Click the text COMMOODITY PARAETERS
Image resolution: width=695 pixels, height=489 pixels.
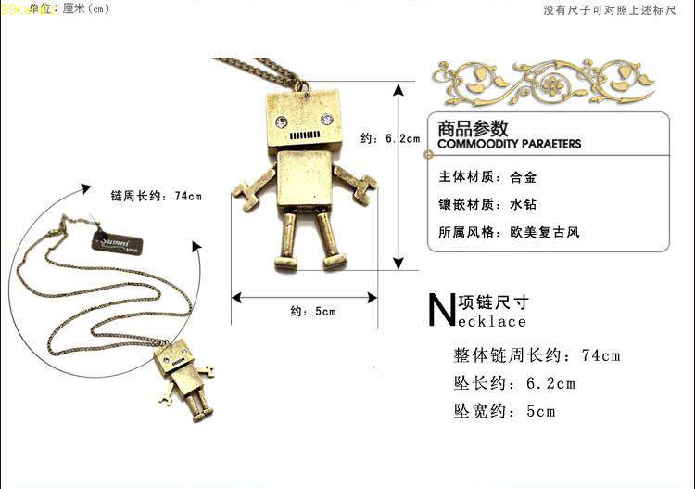click(x=509, y=145)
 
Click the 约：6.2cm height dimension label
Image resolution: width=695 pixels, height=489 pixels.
click(x=389, y=139)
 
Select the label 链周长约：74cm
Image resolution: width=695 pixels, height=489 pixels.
click(x=155, y=196)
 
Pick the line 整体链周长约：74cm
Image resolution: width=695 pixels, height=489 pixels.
click(x=537, y=355)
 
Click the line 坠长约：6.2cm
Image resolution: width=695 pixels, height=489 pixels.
click(x=514, y=383)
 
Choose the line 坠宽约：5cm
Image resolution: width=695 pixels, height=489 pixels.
click(x=504, y=411)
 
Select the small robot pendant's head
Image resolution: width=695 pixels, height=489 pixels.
click(x=178, y=357)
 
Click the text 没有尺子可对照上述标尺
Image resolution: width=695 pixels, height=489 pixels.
click(x=622, y=10)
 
